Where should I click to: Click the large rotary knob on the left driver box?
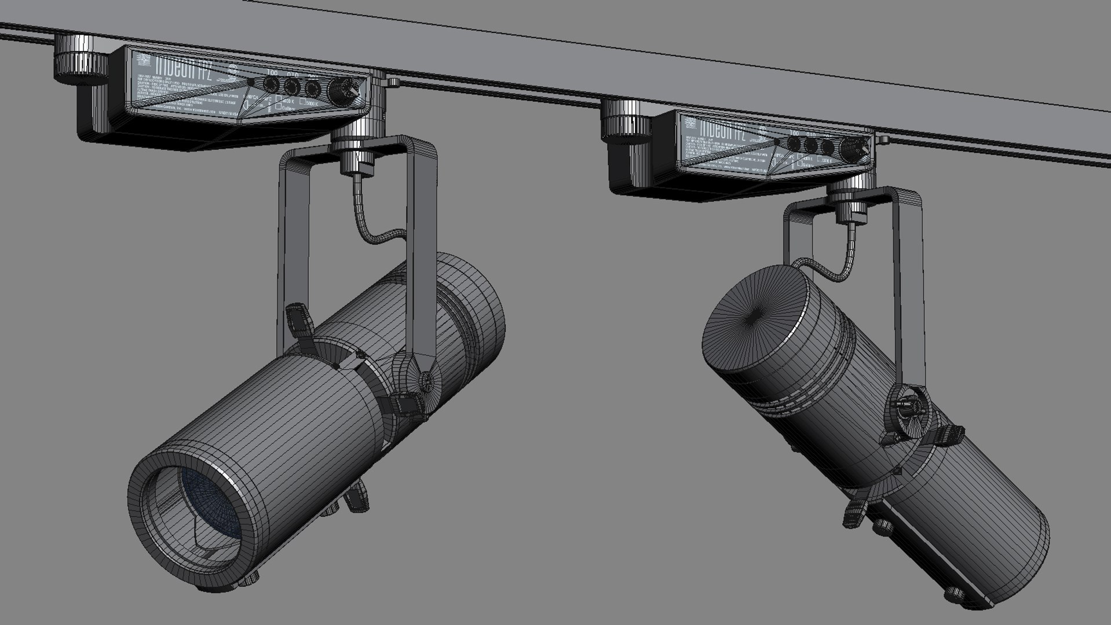tap(337, 91)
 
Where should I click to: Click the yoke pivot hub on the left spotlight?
tap(426, 382)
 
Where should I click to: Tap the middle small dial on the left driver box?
tap(291, 87)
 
